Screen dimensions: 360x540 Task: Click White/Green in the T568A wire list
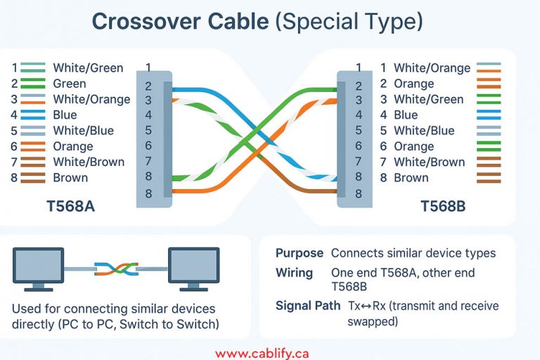tap(88, 68)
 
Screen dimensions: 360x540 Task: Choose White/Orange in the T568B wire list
tap(432, 68)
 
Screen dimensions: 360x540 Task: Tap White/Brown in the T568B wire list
tap(429, 162)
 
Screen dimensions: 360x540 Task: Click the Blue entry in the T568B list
tap(406, 115)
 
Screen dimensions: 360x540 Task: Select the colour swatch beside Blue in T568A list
tap(32, 115)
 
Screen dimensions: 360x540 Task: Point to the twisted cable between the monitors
tap(114, 269)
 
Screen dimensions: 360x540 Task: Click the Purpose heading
tap(300, 253)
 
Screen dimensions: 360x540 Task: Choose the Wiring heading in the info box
tap(294, 272)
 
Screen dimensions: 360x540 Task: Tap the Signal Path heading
tap(309, 306)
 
